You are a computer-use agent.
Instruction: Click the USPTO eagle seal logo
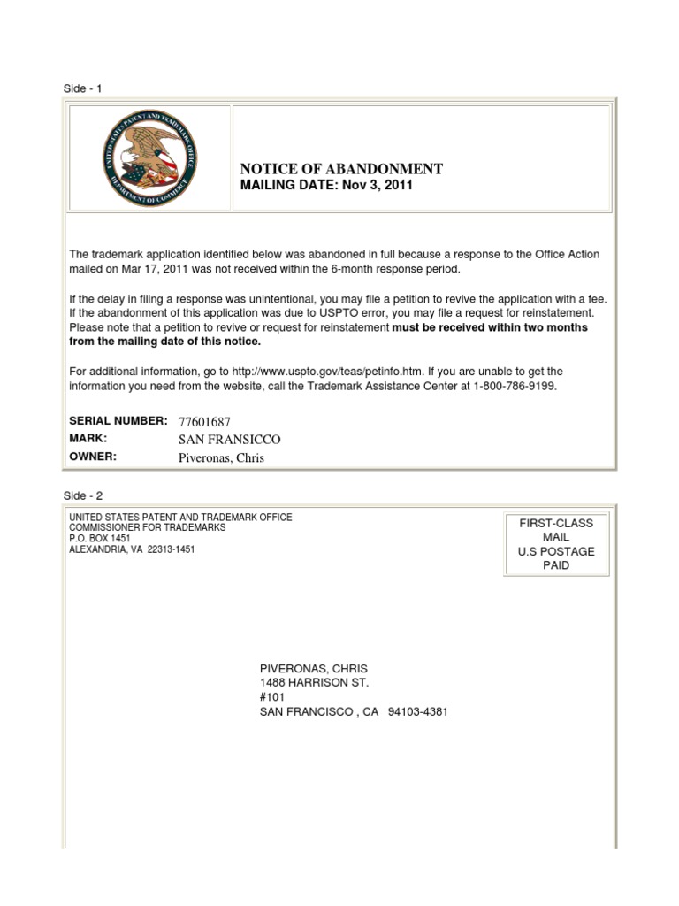click(x=149, y=157)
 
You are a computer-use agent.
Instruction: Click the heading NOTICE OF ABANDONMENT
click(x=341, y=169)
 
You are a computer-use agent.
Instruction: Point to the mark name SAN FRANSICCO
click(x=229, y=440)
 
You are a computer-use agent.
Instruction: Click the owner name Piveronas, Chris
click(x=221, y=457)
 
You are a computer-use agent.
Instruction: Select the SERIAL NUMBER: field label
click(x=118, y=421)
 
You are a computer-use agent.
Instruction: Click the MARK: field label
click(x=88, y=439)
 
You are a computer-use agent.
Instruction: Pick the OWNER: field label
click(x=93, y=457)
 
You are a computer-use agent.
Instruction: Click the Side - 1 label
click(x=82, y=88)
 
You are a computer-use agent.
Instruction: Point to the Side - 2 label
click(x=82, y=496)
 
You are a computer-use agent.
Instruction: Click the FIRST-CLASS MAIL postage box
click(x=556, y=544)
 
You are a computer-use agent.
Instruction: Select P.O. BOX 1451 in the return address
click(x=99, y=538)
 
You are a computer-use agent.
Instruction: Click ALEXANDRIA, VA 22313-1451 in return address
click(x=132, y=549)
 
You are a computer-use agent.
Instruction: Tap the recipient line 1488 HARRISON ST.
click(x=314, y=683)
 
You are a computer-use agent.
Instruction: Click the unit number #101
click(x=272, y=697)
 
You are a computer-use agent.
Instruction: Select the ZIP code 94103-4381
click(x=417, y=711)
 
